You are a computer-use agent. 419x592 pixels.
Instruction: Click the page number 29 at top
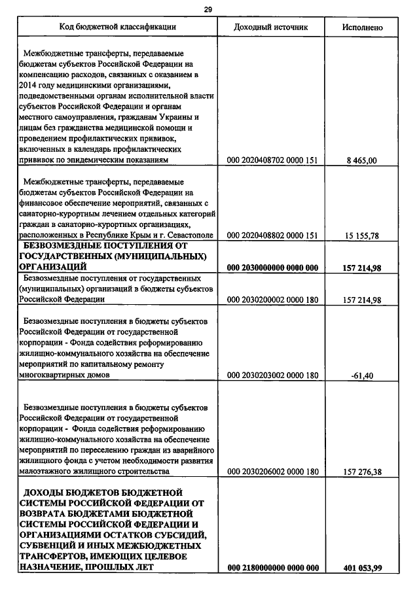(208, 9)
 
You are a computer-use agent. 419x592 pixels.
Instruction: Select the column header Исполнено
(362, 28)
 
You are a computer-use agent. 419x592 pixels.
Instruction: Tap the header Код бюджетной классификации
(118, 27)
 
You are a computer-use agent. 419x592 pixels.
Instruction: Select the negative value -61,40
(361, 376)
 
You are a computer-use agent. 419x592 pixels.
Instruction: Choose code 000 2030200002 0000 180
(272, 300)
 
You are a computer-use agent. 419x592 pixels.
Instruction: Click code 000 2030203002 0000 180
(272, 376)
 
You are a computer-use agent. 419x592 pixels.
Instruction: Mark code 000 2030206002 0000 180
(272, 472)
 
